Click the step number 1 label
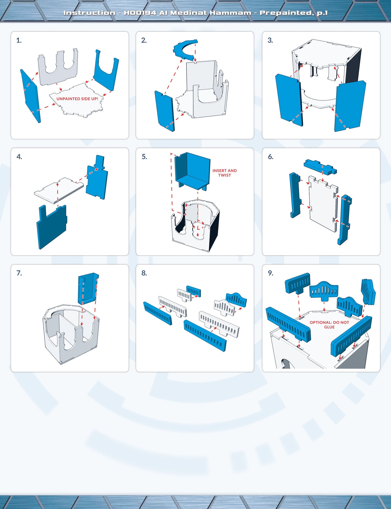pos(19,40)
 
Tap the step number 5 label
pos(144,157)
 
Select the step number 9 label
pos(271,273)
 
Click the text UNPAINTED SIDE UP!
pos(77,99)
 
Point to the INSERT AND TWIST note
pos(225,173)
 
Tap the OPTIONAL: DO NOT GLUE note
pos(329,325)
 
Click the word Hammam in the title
pos(230,13)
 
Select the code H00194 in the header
pos(140,13)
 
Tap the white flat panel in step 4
pos(59,190)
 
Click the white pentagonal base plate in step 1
pos(77,100)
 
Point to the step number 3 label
pos(270,40)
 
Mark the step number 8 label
pos(144,273)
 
